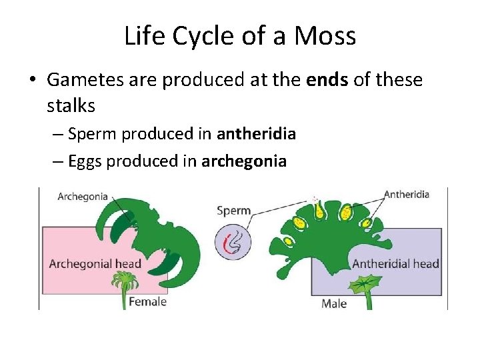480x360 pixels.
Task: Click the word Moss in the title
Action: (327, 37)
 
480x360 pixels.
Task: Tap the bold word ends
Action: (327, 80)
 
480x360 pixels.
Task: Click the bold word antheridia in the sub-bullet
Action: (256, 134)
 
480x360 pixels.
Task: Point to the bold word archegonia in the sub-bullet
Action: (244, 161)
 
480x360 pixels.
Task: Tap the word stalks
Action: (71, 105)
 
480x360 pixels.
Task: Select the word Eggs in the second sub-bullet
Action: (84, 161)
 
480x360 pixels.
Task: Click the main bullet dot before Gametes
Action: (32, 81)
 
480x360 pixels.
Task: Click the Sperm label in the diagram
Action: (234, 211)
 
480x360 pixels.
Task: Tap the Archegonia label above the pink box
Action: (83, 196)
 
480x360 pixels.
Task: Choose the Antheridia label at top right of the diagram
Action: (407, 195)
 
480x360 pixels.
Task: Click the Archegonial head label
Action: (95, 263)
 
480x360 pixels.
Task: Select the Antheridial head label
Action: (395, 263)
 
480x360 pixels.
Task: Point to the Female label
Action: (147, 302)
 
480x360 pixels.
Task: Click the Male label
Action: (334, 304)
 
